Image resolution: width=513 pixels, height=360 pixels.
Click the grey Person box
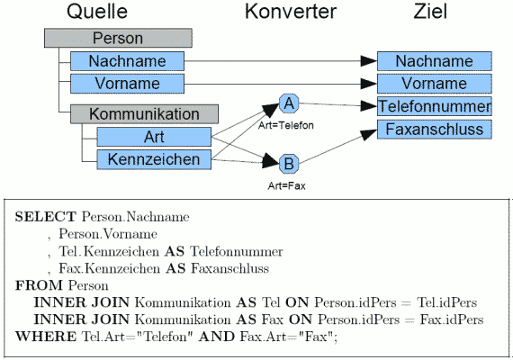[118, 38]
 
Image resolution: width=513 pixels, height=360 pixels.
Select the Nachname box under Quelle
[127, 61]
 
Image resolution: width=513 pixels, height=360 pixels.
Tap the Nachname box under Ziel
[435, 61]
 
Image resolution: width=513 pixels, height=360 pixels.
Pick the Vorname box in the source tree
[127, 84]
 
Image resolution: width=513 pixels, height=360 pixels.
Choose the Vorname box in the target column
[435, 84]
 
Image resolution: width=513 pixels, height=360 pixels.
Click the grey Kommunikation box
[144, 114]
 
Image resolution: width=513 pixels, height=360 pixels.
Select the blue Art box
[154, 137]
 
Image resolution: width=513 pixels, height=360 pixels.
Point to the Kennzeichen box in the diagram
[154, 159]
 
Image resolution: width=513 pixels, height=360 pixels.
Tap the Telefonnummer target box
[435, 106]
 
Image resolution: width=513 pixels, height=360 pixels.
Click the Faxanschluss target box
[435, 130]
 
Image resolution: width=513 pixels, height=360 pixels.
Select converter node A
[289, 103]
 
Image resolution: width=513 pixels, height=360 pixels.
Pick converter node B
[289, 164]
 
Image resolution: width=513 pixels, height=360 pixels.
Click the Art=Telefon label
[286, 125]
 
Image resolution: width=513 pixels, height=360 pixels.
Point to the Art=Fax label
[286, 186]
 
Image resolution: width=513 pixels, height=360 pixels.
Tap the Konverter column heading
[291, 12]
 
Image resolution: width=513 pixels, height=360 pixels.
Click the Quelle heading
[97, 12]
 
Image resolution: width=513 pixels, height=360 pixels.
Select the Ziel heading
[430, 12]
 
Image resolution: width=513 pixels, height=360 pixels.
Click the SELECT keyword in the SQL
[46, 217]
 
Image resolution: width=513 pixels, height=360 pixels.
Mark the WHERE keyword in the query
[46, 337]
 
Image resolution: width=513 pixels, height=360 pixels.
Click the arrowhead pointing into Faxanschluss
[369, 134]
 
